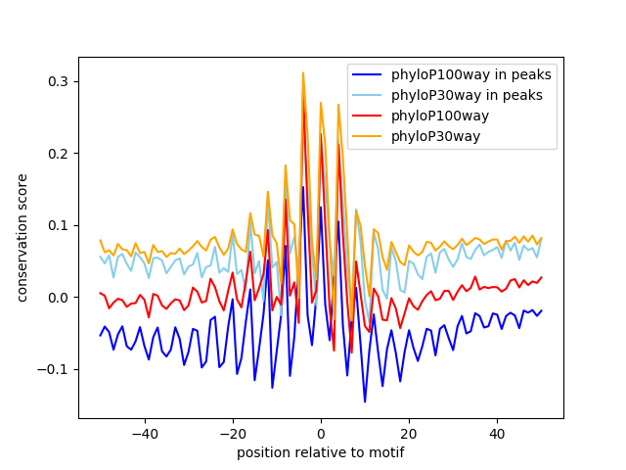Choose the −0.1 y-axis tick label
point(57,369)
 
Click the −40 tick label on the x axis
point(144,433)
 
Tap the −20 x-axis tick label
point(232,433)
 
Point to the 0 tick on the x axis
point(320,433)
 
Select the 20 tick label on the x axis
point(408,433)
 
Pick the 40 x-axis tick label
point(496,433)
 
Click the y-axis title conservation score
point(22,238)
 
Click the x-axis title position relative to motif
point(320,452)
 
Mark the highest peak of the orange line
point(303,72)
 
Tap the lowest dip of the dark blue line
point(365,401)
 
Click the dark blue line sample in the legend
point(368,74)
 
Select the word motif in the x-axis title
point(385,452)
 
